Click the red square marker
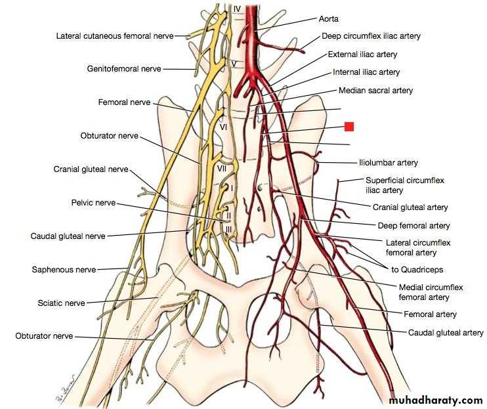coord(349,127)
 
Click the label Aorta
coord(329,19)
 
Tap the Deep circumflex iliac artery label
coord(371,36)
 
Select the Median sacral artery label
coord(375,91)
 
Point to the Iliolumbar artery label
coord(389,163)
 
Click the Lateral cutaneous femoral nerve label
coord(115,36)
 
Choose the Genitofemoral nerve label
coord(124,69)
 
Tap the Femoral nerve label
coord(124,102)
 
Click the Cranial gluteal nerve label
coord(91,169)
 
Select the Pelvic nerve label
coord(93,203)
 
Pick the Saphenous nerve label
coord(64,270)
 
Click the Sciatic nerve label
coord(61,303)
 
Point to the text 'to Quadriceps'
coord(417,270)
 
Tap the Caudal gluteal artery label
coord(446,333)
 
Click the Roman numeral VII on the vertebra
coord(222,169)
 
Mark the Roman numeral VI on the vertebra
coord(223,127)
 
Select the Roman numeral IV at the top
coord(237,9)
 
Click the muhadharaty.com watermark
coord(436,400)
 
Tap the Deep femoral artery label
coord(413,226)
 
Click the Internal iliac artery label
coord(366,72)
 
